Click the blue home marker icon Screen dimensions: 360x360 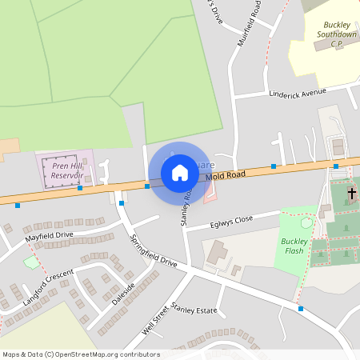click(180, 173)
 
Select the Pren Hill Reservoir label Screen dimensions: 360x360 click(67, 170)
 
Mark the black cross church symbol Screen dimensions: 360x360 click(350, 194)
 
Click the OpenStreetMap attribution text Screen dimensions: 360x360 click(81, 354)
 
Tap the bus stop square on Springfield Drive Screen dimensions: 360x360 click(122, 203)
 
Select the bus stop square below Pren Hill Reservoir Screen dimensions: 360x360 click(80, 189)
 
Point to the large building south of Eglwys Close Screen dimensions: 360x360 click(215, 255)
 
